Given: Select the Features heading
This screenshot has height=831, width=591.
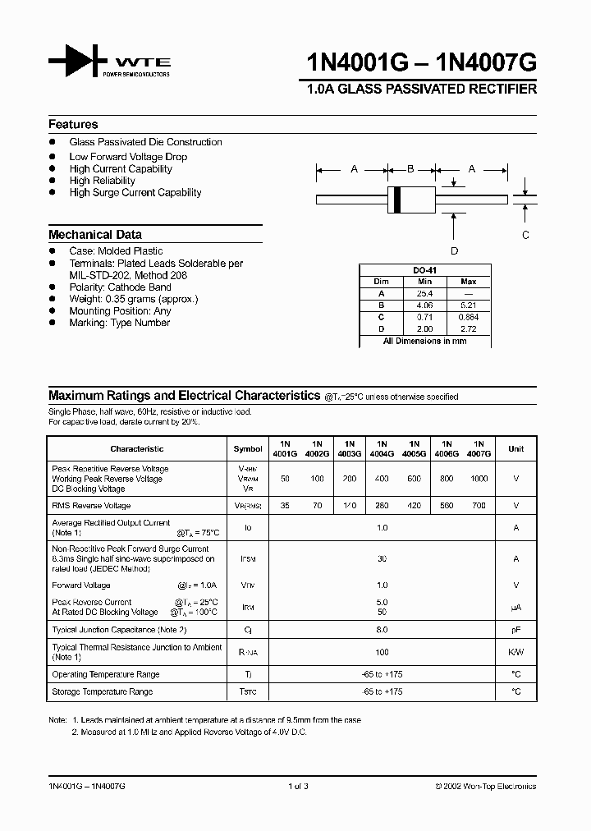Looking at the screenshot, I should [x=73, y=125].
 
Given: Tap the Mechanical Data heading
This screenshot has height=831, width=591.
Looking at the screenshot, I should [x=95, y=234].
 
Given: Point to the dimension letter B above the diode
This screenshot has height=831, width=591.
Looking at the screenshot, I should [x=410, y=169].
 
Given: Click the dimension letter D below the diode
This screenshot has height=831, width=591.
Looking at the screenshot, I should [x=454, y=251].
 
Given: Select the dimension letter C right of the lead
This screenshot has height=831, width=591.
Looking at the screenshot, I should [x=526, y=235].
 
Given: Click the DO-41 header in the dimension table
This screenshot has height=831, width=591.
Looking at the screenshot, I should [x=424, y=270].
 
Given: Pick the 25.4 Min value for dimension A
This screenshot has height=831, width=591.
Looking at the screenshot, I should [x=424, y=293].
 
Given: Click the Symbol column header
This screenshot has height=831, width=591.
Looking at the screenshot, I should [x=248, y=449].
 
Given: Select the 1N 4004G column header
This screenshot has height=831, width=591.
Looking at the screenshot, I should [x=382, y=448].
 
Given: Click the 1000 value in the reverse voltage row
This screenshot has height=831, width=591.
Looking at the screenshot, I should [x=479, y=478].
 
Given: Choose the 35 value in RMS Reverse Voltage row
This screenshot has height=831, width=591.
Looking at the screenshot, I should [x=285, y=506].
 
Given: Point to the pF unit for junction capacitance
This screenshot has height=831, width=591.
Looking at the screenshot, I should [x=516, y=630].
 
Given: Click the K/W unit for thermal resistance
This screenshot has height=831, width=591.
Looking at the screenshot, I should [x=516, y=652].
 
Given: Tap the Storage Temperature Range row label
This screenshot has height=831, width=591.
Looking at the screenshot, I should [x=102, y=692].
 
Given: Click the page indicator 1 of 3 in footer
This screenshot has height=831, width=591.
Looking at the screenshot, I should [x=296, y=786].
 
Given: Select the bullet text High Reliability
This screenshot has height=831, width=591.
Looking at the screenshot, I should [x=103, y=181].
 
